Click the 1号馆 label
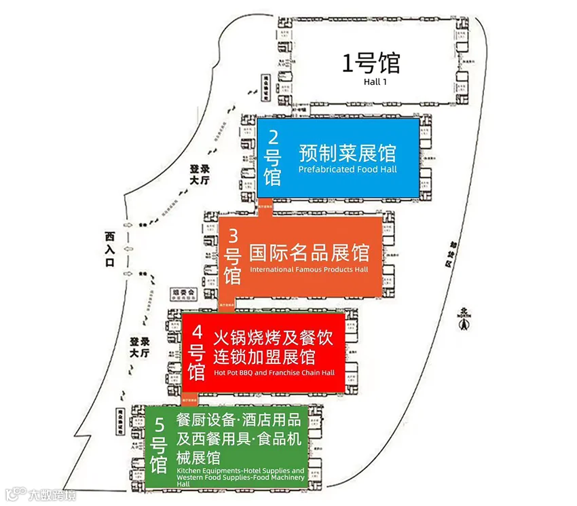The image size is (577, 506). (370, 64)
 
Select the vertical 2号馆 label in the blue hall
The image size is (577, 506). (273, 158)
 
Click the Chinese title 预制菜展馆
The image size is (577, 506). (347, 153)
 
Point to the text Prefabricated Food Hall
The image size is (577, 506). (348, 169)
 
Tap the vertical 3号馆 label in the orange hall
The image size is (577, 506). (233, 256)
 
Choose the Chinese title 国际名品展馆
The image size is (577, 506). (309, 253)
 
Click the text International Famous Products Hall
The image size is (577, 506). (309, 270)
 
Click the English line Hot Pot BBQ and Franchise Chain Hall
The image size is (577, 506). (274, 372)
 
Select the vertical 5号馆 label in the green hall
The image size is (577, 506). (159, 446)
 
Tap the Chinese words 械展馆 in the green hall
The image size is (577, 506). (197, 456)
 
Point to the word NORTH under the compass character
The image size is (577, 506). (463, 315)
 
